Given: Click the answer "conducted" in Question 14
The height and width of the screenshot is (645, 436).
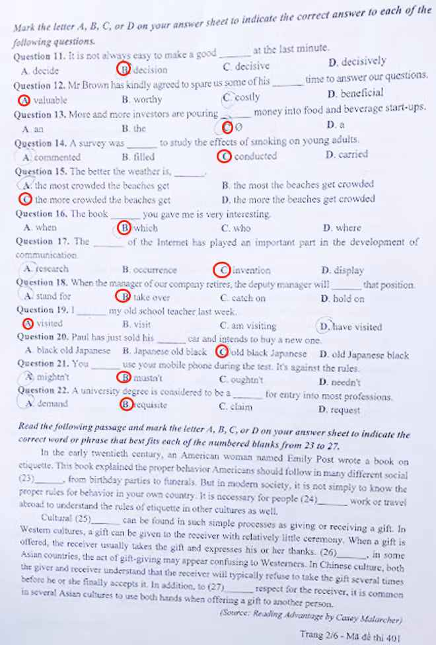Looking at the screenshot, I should [254, 157].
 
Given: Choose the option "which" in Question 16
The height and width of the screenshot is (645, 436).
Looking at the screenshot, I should [145, 228].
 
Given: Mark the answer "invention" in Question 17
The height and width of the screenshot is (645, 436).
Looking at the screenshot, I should [252, 270].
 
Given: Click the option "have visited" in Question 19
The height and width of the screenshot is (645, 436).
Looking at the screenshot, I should [357, 326].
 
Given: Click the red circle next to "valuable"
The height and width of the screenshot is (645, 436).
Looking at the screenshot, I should [24, 100].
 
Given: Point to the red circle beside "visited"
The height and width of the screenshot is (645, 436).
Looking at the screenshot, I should [28, 324].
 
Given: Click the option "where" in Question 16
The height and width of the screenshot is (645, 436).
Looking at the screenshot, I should [348, 228].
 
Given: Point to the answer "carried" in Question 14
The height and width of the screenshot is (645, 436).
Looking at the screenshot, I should [353, 155].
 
